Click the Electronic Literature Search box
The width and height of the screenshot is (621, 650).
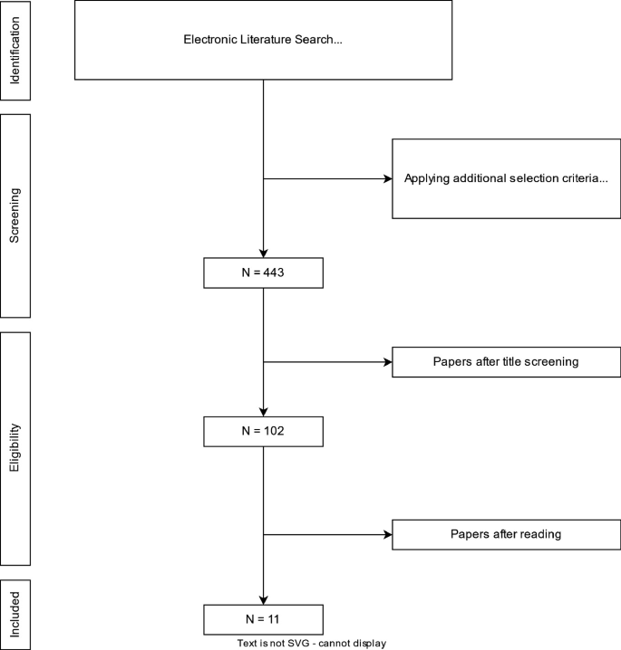coord(263,40)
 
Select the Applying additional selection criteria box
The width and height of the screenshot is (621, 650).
coord(506,178)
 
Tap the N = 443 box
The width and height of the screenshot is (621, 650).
coord(263,272)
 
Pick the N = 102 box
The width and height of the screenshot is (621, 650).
coord(263,431)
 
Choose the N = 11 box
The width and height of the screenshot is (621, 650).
coord(263,620)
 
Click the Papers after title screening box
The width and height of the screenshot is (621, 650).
coord(506,362)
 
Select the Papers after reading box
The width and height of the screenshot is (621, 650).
coord(506,533)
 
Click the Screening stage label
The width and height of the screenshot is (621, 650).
coord(15,215)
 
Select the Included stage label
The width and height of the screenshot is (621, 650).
coord(15,615)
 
